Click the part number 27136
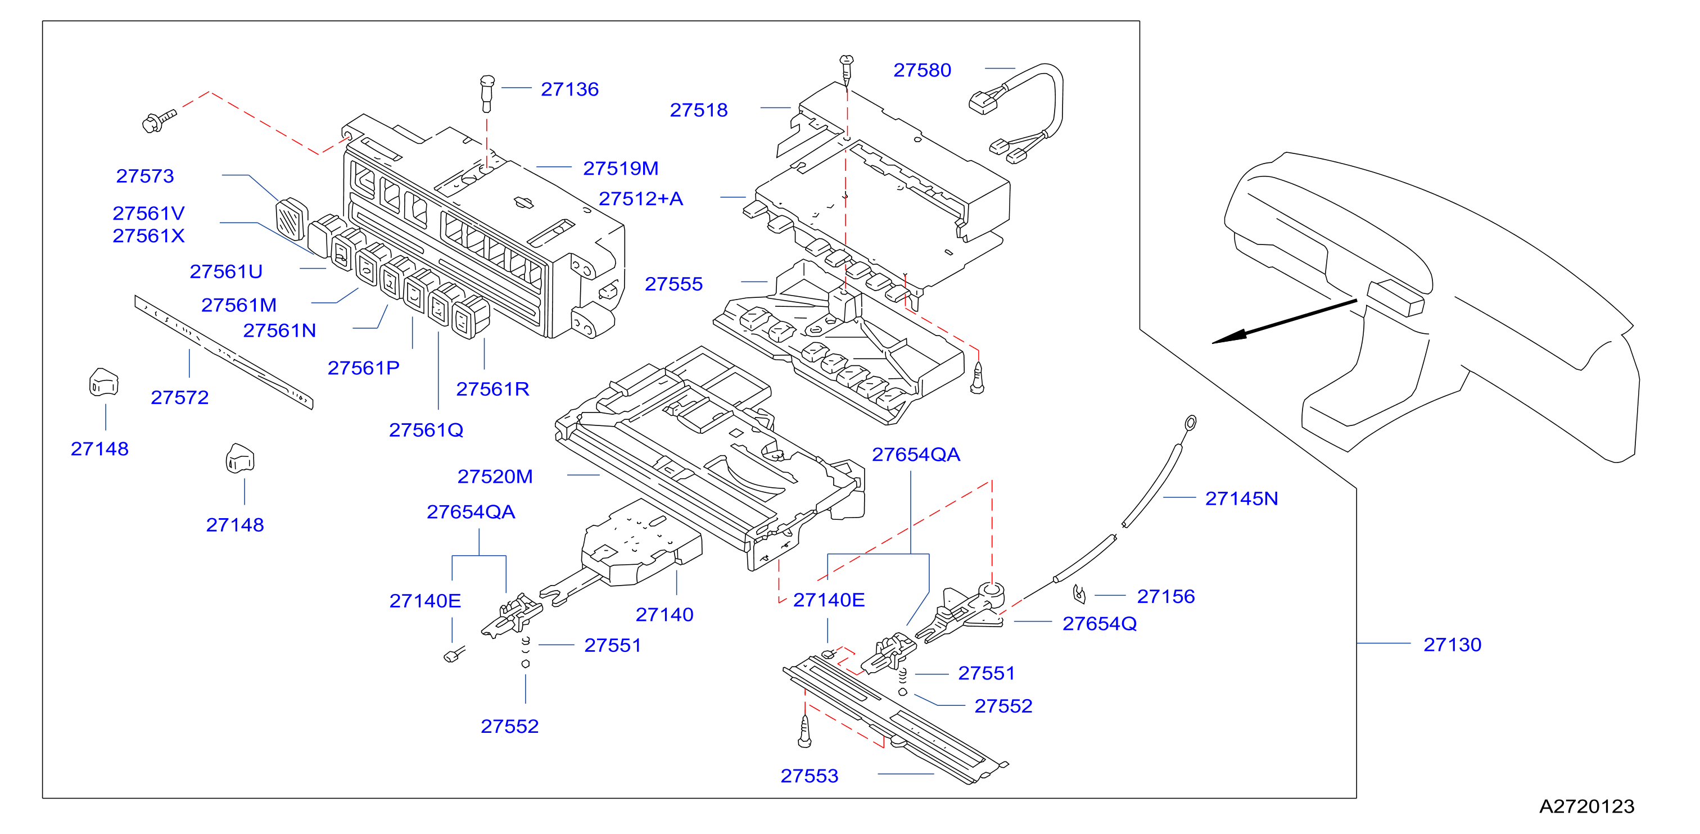coord(569,89)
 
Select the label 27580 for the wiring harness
coord(922,70)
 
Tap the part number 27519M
coord(620,168)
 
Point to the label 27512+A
coord(640,198)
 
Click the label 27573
coord(145,176)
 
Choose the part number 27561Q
coord(426,430)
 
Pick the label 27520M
coord(495,477)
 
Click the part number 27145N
coord(1241,498)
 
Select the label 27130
coord(1452,645)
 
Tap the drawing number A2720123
coord(1586,806)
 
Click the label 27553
coord(809,776)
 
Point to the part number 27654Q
coord(1100,623)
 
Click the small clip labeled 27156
coord(1079,594)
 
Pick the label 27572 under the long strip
coord(179,397)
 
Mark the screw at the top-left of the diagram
coord(159,121)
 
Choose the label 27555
coord(673,284)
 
